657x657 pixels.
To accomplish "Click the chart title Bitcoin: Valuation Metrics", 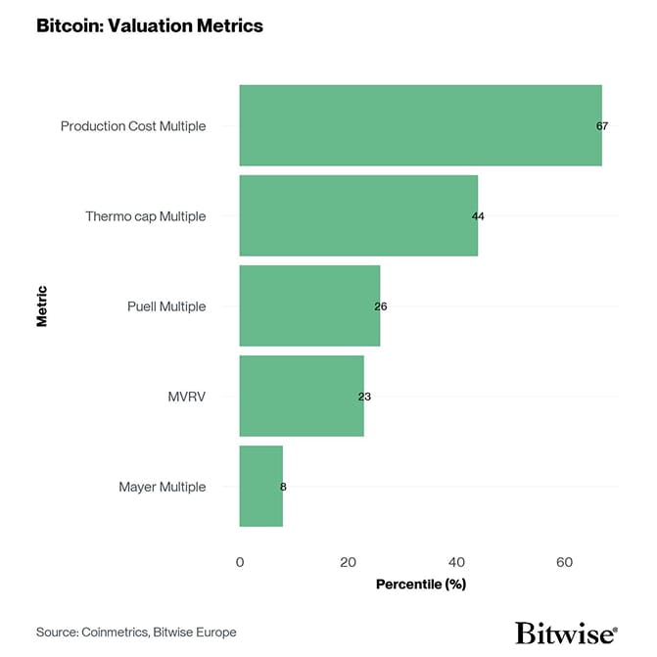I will click(x=150, y=26).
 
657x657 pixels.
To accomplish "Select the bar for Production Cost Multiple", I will click(x=420, y=125).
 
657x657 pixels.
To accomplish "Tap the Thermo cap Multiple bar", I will click(x=358, y=215).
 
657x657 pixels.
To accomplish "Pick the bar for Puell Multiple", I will click(x=309, y=305).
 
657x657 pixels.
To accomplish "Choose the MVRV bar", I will click(x=302, y=396).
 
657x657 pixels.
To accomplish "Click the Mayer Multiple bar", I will click(x=260, y=486).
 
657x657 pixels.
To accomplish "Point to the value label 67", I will click(x=602, y=126).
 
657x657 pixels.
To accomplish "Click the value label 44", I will click(x=478, y=216).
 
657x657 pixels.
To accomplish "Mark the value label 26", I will click(x=381, y=306).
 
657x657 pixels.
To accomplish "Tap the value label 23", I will click(x=364, y=397).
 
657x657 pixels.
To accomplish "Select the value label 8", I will click(x=283, y=487).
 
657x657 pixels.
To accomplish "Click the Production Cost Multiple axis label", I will click(x=133, y=126).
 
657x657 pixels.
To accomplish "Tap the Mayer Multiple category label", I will click(x=163, y=487).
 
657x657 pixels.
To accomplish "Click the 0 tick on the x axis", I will click(x=240, y=562).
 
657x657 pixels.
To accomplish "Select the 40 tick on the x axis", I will click(x=456, y=562).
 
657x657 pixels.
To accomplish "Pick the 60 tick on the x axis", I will click(x=564, y=562).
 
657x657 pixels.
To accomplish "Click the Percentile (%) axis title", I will click(x=420, y=585).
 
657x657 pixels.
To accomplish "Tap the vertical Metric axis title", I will click(x=42, y=305).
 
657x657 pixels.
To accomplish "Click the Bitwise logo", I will click(x=566, y=632).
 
